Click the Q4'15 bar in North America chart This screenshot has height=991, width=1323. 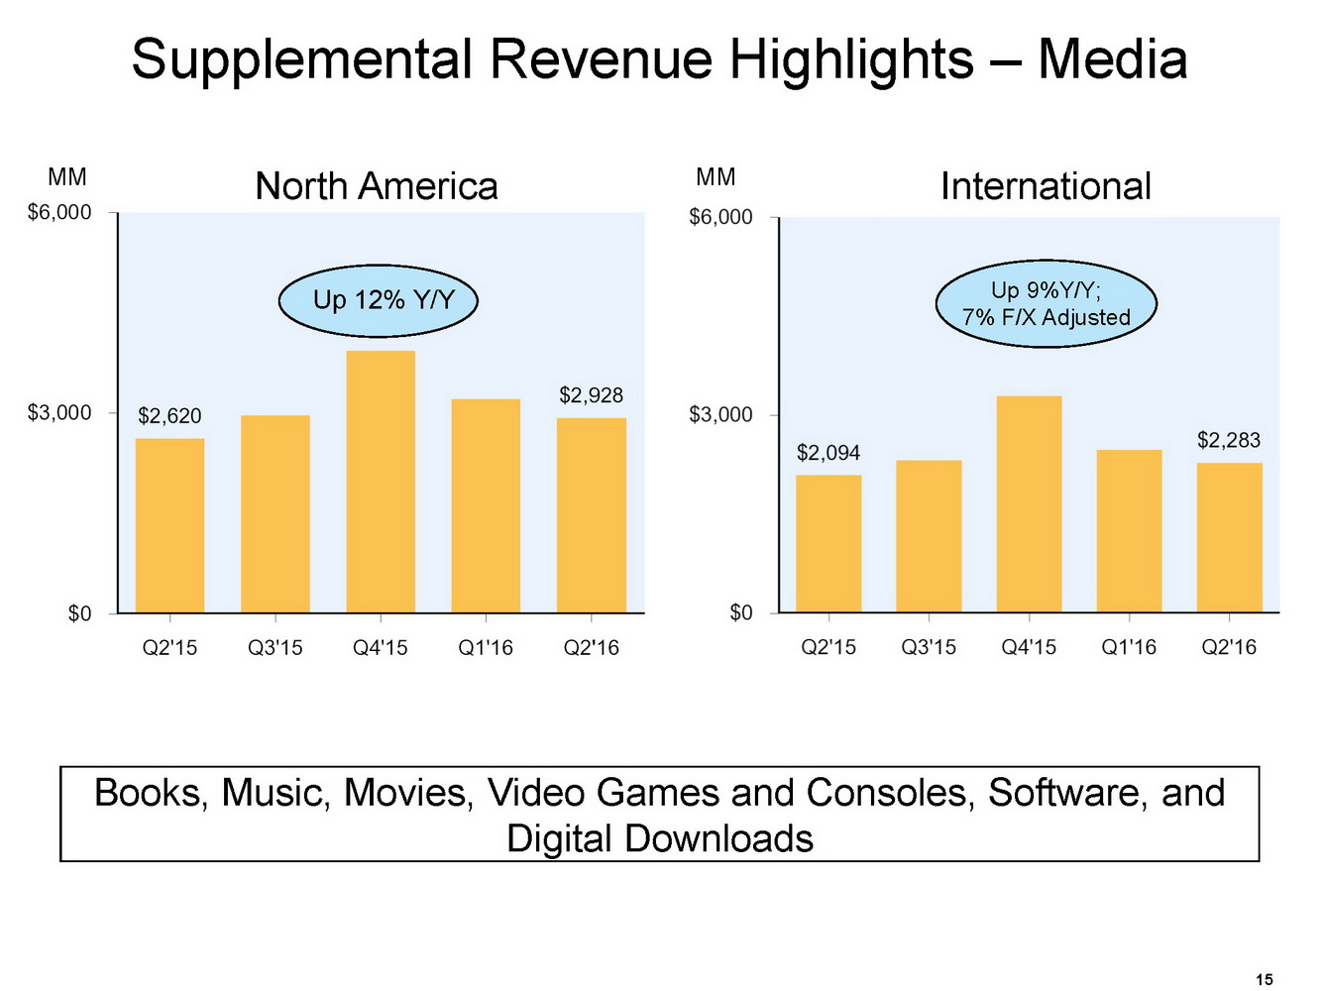pos(381,482)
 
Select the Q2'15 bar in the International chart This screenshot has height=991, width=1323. pos(828,543)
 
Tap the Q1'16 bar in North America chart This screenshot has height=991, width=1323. pos(486,505)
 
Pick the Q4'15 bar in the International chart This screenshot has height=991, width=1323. pos(1029,503)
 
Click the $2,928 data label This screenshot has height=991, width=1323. pos(592,395)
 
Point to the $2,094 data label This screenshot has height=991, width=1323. pos(828,453)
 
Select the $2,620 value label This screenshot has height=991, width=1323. pos(169,416)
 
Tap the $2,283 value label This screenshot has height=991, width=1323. pos(1229,440)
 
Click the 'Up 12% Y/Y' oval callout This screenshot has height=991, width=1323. pos(379,299)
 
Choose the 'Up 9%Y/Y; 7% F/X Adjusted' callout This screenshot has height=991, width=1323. pos(1047,303)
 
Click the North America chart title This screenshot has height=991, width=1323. pos(377,186)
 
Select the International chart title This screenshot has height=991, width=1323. pos(1046,186)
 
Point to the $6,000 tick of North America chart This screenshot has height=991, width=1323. pos(59,212)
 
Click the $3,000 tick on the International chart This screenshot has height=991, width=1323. pos(720,414)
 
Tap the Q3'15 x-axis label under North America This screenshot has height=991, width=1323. pos(276,648)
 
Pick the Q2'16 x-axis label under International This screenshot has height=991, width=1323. pos(1229,647)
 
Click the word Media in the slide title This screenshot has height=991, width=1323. pos(1112,59)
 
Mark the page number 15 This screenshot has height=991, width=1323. pos(1265,979)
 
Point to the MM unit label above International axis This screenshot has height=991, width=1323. pos(716,177)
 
